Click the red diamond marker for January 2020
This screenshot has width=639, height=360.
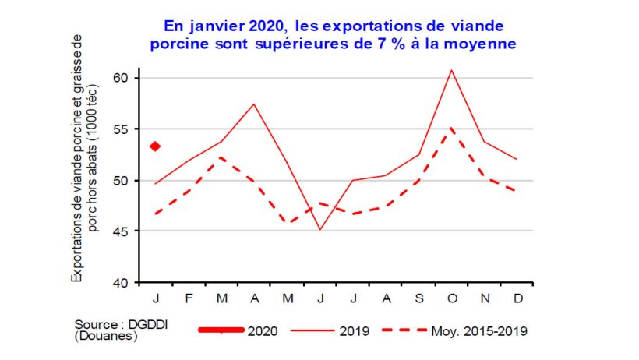[x=155, y=146]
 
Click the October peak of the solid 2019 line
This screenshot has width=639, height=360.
[x=452, y=70]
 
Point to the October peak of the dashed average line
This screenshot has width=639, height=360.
[x=452, y=128]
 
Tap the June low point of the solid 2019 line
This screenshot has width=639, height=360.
[x=320, y=230]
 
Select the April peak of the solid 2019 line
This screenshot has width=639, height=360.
[x=254, y=104]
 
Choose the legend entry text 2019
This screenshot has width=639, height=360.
[x=355, y=331]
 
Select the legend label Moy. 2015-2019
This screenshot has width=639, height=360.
[x=479, y=331]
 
